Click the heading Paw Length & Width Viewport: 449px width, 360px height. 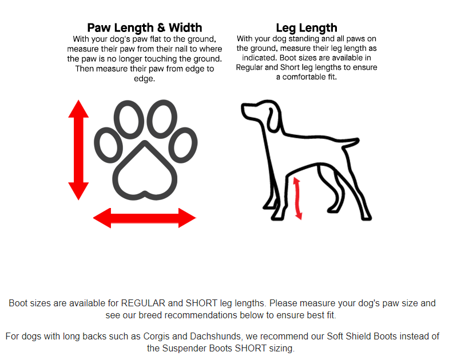click(x=145, y=28)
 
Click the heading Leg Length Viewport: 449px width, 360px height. click(x=307, y=28)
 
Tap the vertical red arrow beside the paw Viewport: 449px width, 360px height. click(x=78, y=150)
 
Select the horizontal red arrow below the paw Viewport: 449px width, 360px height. click(x=145, y=218)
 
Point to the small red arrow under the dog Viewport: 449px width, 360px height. click(x=297, y=198)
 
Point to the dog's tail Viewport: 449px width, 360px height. click(x=350, y=142)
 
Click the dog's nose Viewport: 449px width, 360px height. click(x=243, y=107)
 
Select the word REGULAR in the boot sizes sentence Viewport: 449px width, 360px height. click(x=143, y=303)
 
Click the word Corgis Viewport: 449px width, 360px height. click(x=157, y=336)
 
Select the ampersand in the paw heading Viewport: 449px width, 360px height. click(x=161, y=28)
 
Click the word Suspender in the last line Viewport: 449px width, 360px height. click(x=184, y=348)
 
